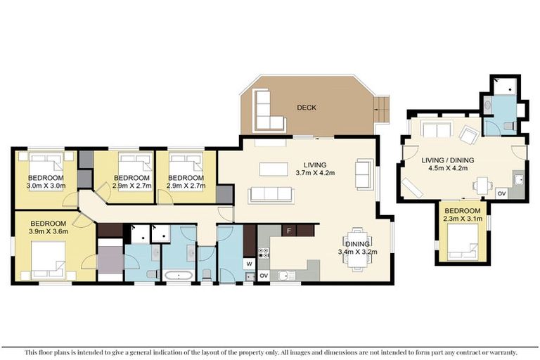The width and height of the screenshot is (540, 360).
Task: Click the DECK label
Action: pyautogui.click(x=306, y=108)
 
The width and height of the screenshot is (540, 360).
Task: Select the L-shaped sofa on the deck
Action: pyautogui.click(x=265, y=114)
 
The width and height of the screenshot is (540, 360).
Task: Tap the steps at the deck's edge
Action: pyautogui.click(x=381, y=107)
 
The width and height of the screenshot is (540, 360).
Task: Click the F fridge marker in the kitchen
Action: pyautogui.click(x=288, y=231)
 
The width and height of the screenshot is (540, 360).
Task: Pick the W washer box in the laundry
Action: pyautogui.click(x=249, y=264)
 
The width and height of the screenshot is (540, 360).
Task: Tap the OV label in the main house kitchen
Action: pyautogui.click(x=264, y=275)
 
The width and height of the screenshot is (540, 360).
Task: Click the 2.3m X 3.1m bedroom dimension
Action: pyautogui.click(x=462, y=219)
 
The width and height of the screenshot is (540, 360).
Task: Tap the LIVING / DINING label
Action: pyautogui.click(x=447, y=160)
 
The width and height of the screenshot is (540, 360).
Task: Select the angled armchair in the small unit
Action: pyautogui.click(x=467, y=135)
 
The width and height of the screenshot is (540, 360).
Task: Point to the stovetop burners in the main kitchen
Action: pyautogui.click(x=264, y=253)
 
